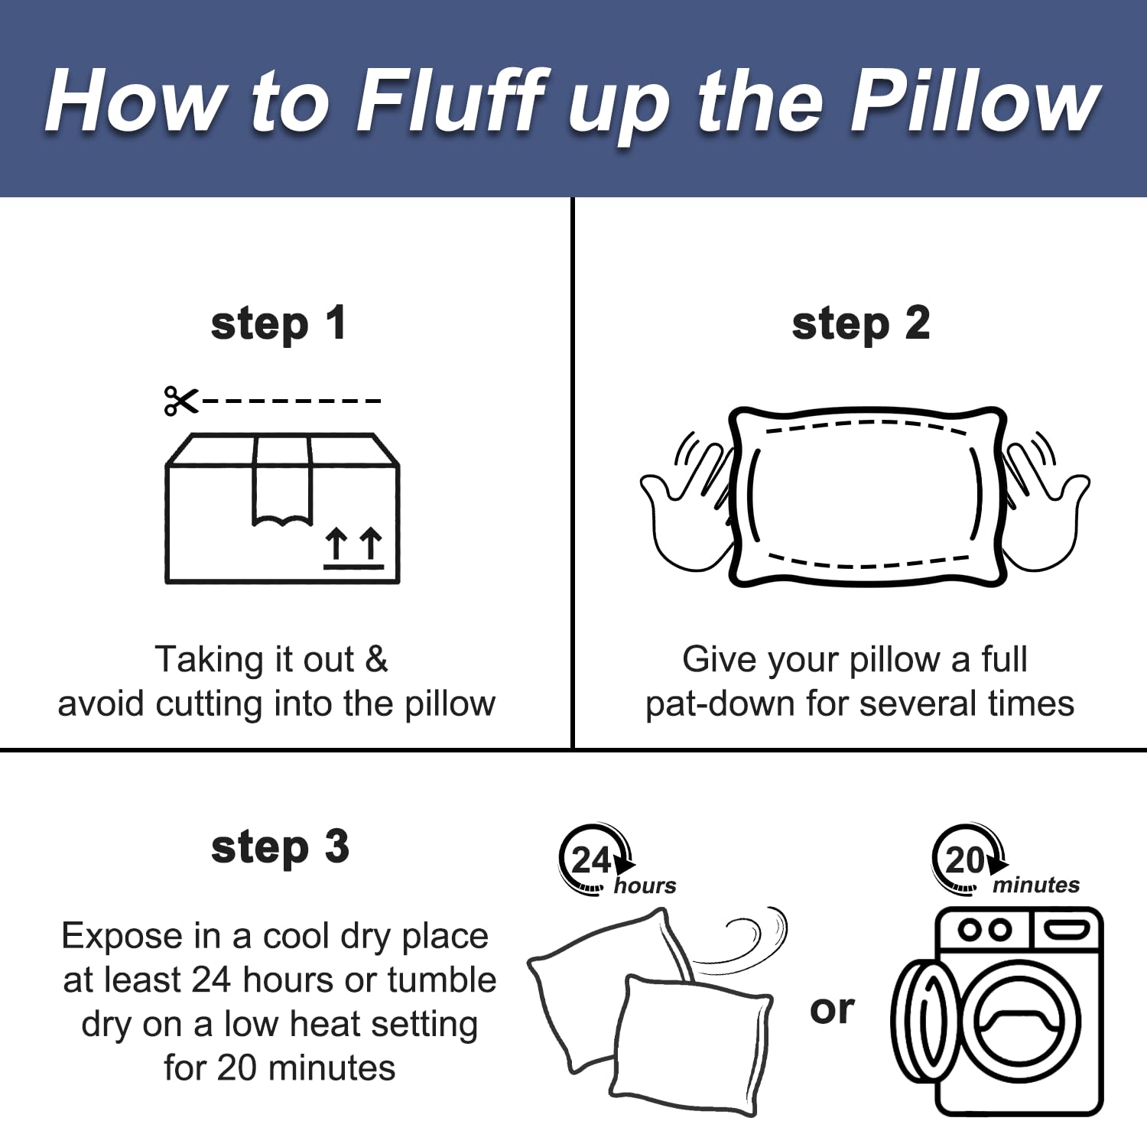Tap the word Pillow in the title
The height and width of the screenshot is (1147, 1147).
(976, 101)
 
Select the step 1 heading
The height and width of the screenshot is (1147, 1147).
(279, 324)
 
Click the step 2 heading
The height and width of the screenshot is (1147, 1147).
(861, 324)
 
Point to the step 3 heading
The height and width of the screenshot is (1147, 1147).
(280, 847)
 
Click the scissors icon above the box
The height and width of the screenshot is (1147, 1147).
(181, 401)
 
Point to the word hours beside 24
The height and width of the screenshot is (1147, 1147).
(645, 885)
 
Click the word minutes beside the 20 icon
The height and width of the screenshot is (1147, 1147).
(1036, 885)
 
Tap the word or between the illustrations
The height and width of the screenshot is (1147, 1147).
(832, 1009)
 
